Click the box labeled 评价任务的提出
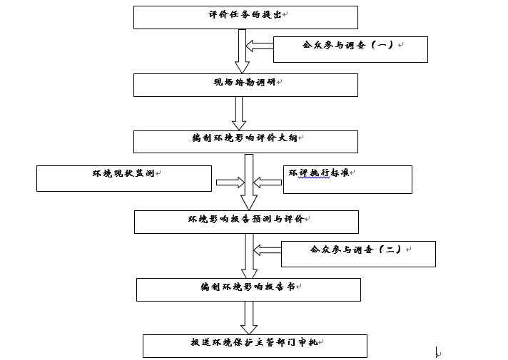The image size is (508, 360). pyautogui.click(x=245, y=17)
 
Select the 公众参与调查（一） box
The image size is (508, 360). pyautogui.click(x=350, y=49)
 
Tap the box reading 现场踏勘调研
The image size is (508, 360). pyautogui.click(x=245, y=85)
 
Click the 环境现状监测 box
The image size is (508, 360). pyautogui.click(x=124, y=178)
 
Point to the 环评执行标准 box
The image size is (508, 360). pyautogui.click(x=347, y=179)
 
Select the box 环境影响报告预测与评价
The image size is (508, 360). pyautogui.click(x=245, y=222)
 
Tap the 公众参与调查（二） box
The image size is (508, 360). pyautogui.click(x=358, y=254)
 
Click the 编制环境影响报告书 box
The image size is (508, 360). pyautogui.click(x=248, y=289)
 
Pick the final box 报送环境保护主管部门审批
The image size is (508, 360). pyautogui.click(x=255, y=346)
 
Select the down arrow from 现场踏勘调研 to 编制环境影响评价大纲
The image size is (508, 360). pyautogui.click(x=240, y=113)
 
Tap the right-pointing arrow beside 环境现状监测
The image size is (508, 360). pyautogui.click(x=230, y=183)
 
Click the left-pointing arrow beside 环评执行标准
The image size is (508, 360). pyautogui.click(x=268, y=183)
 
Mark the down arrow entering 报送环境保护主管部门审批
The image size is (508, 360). pyautogui.click(x=249, y=317)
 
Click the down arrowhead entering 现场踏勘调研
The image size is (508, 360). pyautogui.click(x=242, y=67)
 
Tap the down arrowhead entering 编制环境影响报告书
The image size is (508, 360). pyautogui.click(x=249, y=272)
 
